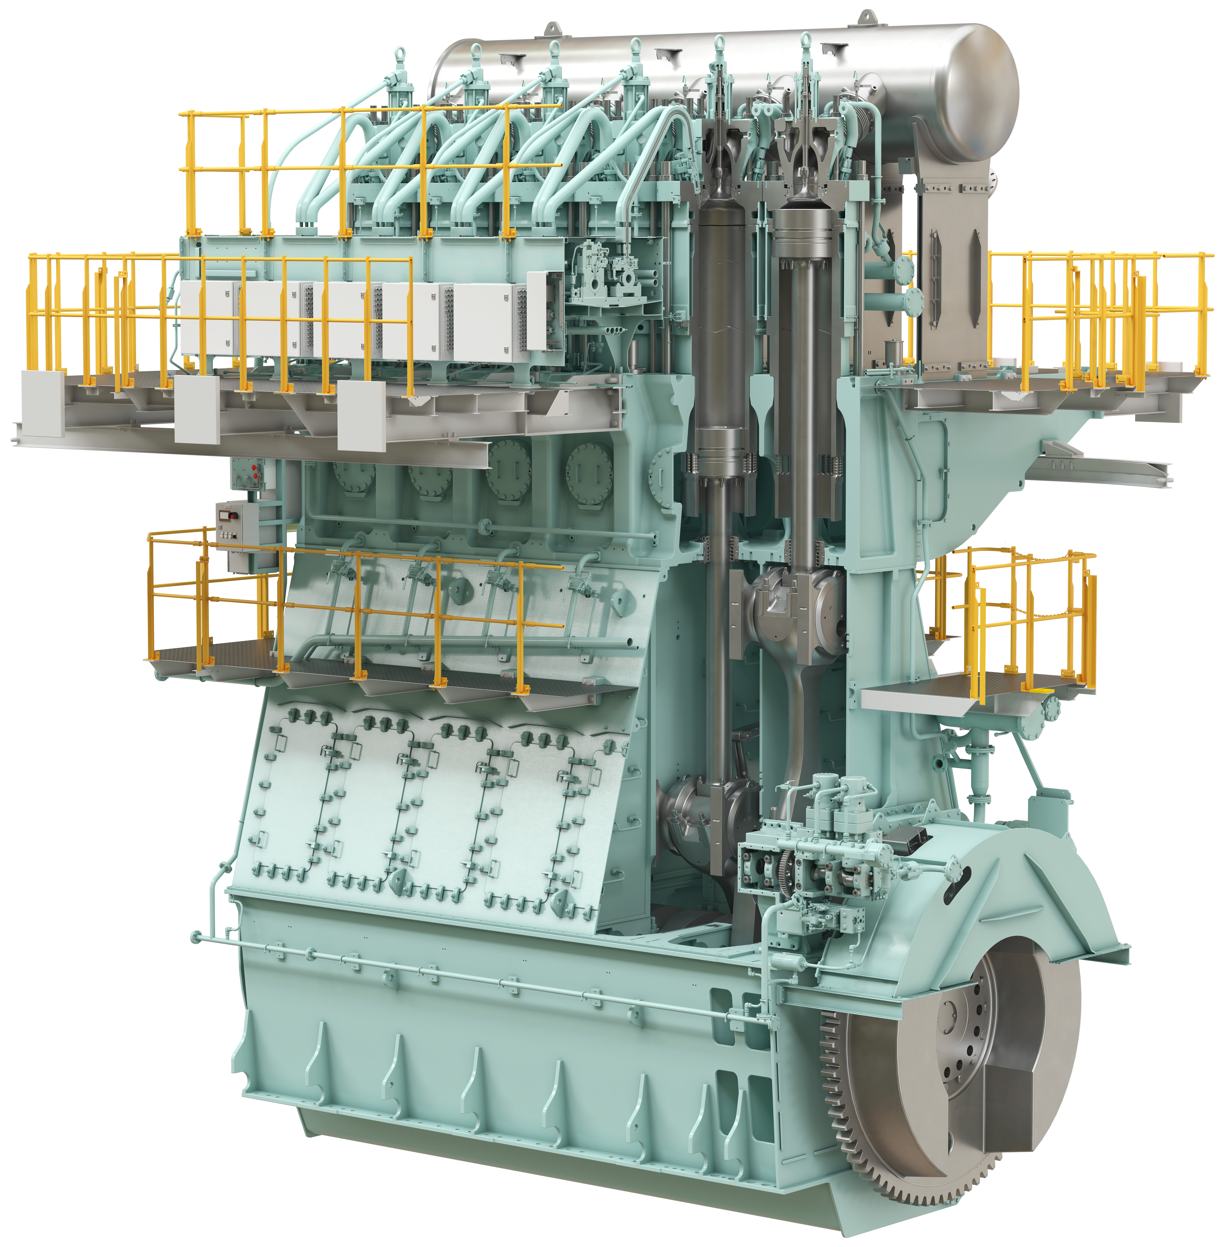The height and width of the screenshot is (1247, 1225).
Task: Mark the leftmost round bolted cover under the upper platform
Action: (353, 476)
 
